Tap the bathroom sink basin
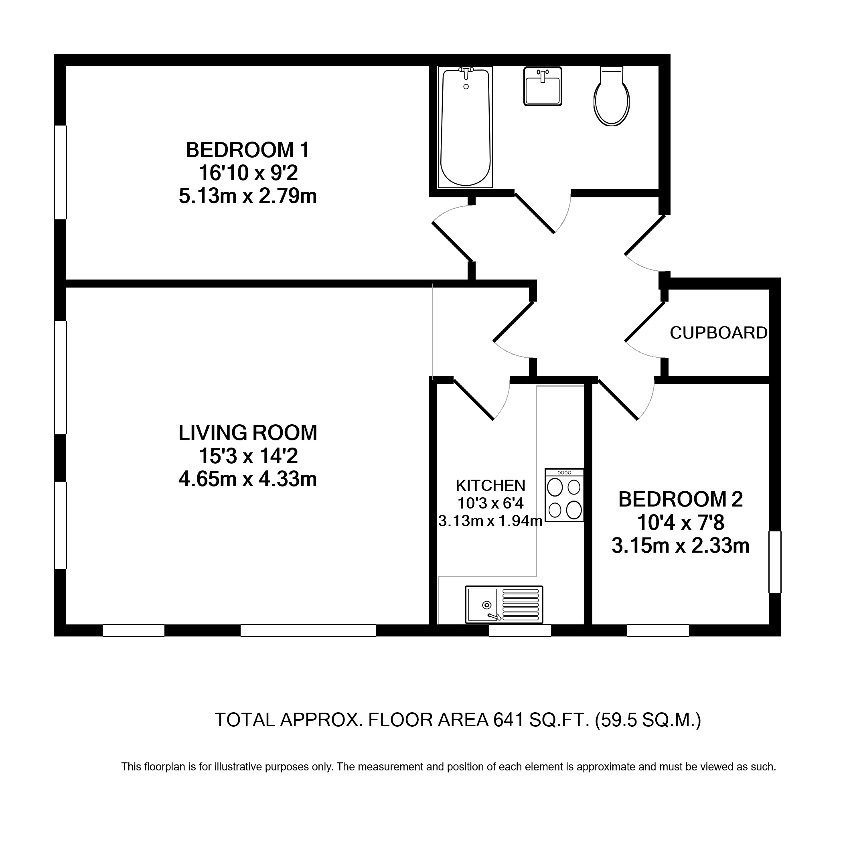[x=542, y=86]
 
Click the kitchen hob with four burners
[x=564, y=495]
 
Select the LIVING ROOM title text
[x=247, y=433]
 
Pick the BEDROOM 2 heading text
[x=681, y=499]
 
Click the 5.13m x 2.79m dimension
[x=247, y=196]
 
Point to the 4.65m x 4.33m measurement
[x=247, y=479]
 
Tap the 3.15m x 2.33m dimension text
[x=681, y=546]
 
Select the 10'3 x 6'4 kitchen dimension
[x=490, y=503]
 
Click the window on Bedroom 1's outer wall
[x=60, y=172]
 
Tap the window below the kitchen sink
[x=520, y=630]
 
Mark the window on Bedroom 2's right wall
[x=775, y=562]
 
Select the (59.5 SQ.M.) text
[x=648, y=720]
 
